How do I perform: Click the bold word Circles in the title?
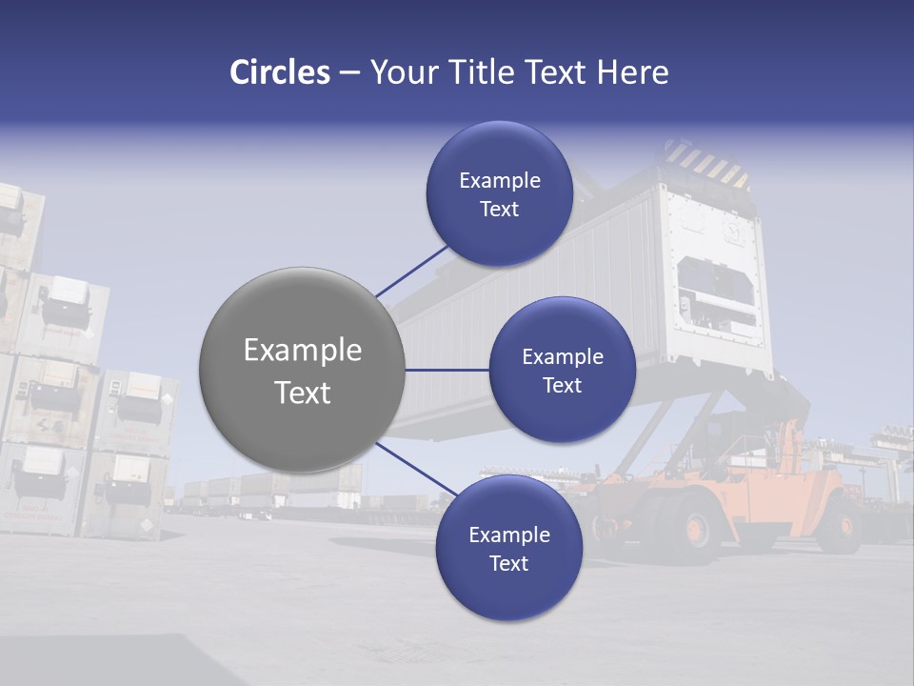(280, 72)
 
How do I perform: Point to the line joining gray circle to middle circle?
(447, 370)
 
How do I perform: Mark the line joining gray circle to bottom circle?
(413, 469)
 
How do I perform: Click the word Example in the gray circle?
(303, 351)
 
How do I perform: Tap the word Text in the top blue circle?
(499, 210)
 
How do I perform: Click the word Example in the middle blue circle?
(563, 357)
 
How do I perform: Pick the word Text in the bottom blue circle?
(508, 564)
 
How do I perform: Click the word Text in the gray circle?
(303, 393)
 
